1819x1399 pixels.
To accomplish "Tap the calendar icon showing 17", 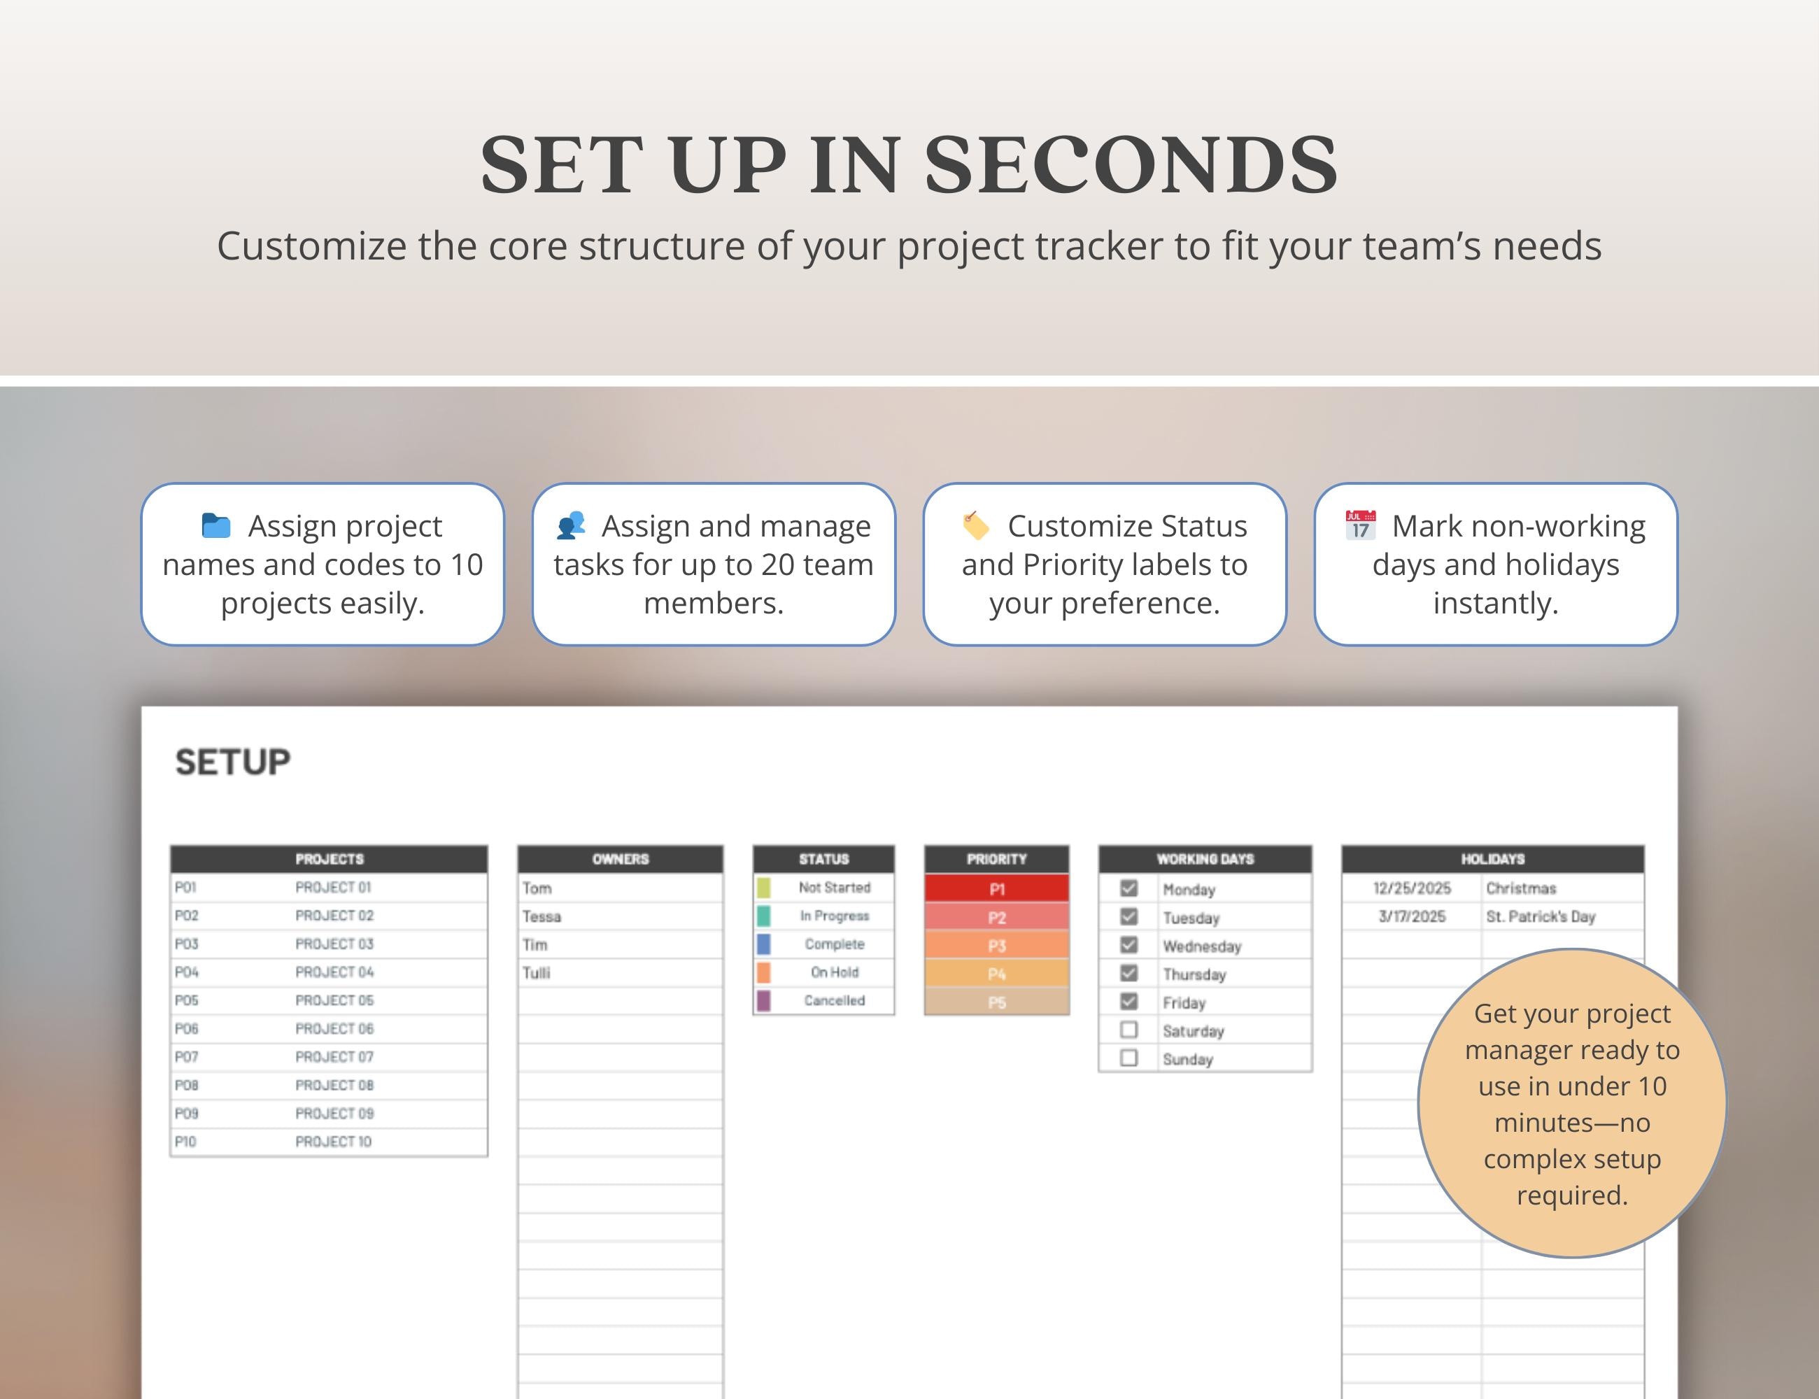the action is [x=1360, y=525].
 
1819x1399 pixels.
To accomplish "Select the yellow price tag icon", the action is [x=975, y=525].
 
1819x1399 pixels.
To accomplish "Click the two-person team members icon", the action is [x=572, y=525].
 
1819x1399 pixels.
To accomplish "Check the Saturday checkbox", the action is [x=1128, y=1030].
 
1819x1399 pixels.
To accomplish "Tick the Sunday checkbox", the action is [x=1128, y=1058].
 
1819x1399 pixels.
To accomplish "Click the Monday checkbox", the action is [x=1128, y=888].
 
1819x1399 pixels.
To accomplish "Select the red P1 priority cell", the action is [x=997, y=888].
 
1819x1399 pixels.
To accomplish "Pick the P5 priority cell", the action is [x=997, y=1002].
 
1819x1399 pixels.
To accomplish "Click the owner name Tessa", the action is [x=542, y=917].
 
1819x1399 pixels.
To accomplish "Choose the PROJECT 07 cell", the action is [x=334, y=1057].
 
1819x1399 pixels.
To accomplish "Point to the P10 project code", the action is [x=185, y=1142].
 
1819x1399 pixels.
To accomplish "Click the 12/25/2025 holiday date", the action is [x=1412, y=888].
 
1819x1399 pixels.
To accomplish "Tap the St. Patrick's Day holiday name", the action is [x=1540, y=917].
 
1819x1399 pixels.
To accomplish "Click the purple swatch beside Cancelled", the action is [x=763, y=1001].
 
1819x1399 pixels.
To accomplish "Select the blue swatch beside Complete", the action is [x=763, y=944].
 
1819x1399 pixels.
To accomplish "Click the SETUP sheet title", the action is [x=232, y=762].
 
